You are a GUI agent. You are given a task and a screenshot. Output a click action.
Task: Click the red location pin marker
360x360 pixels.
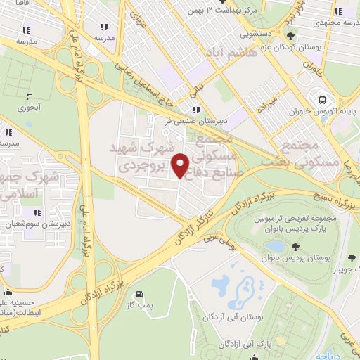181,165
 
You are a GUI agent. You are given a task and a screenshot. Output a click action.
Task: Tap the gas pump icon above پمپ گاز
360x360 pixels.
139,295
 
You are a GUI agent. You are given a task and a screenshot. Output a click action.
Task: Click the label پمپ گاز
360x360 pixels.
139,306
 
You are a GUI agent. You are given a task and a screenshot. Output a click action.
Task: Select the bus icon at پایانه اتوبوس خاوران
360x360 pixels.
321,100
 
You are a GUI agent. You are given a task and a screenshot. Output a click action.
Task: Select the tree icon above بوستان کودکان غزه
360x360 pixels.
290,37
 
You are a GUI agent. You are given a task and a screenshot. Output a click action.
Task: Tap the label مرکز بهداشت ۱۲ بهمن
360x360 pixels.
225,11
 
